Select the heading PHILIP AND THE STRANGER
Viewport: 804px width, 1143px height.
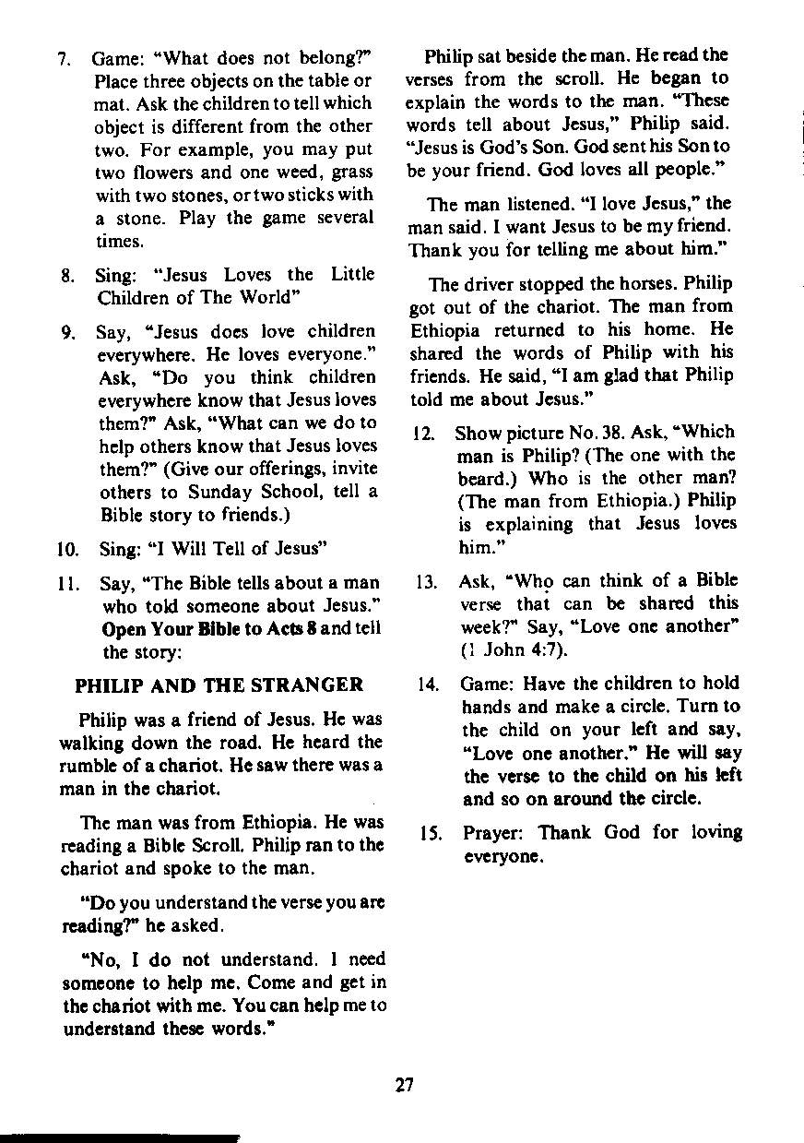[x=219, y=685]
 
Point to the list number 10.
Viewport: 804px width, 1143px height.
[x=66, y=551]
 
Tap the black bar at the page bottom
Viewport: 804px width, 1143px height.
[x=120, y=1137]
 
